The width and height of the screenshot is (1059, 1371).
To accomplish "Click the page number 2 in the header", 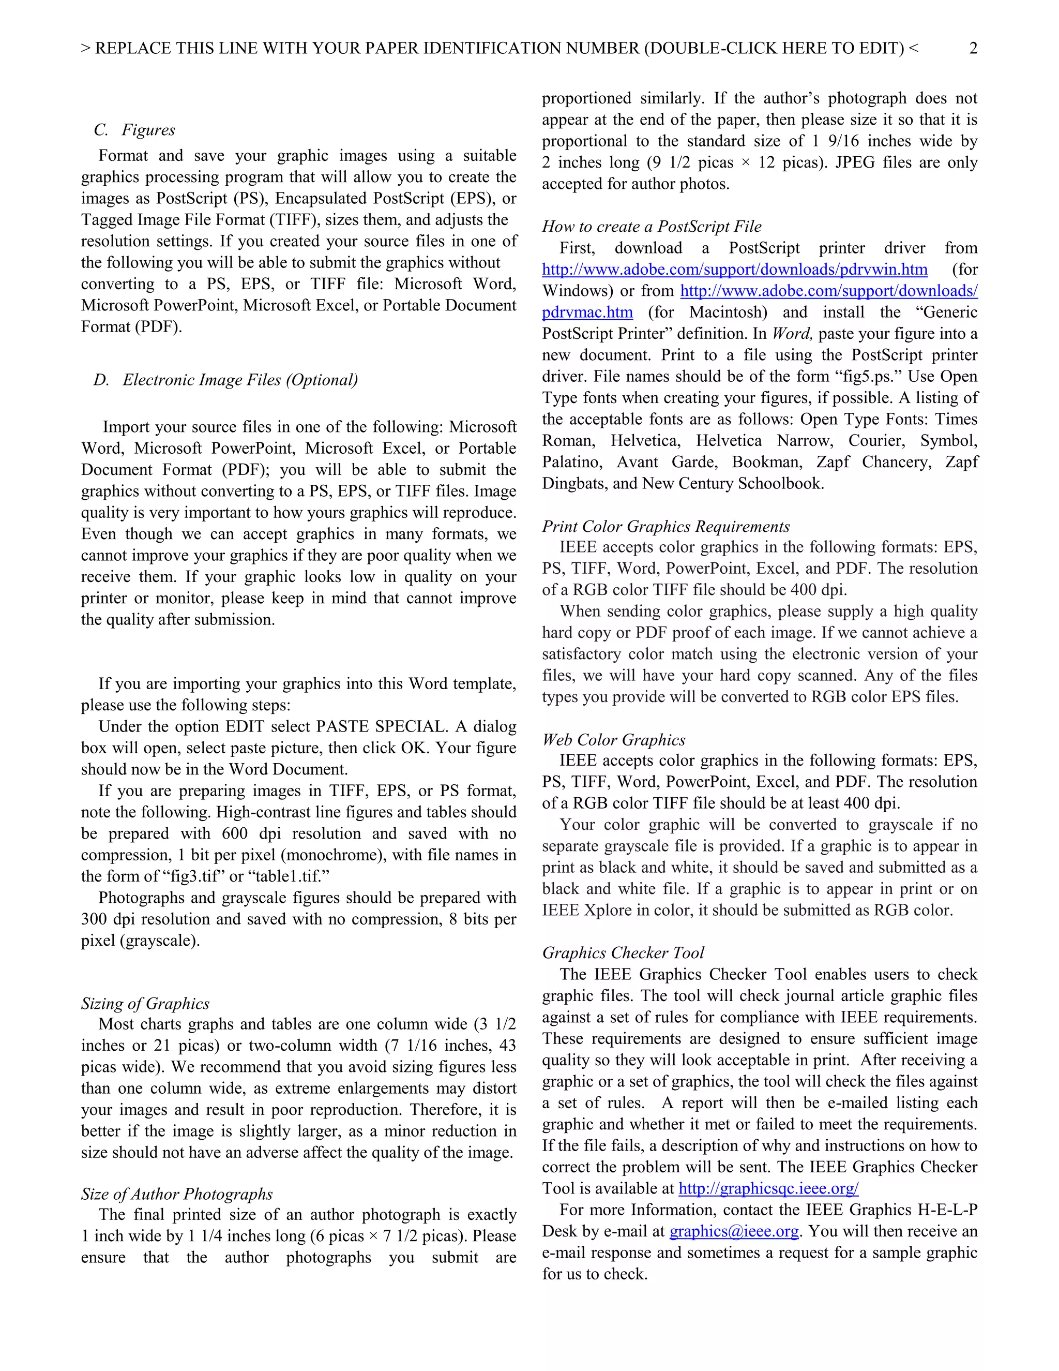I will [x=973, y=48].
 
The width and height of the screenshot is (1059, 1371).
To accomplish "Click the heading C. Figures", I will [x=134, y=130].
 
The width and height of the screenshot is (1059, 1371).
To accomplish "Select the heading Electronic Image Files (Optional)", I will [x=226, y=380].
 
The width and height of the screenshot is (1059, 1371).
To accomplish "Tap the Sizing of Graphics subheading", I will [x=145, y=1003].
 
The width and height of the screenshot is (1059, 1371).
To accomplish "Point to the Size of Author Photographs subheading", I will [x=176, y=1194].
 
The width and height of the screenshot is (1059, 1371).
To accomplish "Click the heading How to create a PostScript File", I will [x=651, y=227].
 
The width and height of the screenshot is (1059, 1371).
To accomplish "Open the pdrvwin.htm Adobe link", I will [x=734, y=270].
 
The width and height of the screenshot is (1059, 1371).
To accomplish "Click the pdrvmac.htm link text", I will [x=587, y=312].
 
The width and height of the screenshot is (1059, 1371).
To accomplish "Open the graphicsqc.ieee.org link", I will [x=768, y=1188].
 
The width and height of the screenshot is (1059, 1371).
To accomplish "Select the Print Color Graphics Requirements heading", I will [x=665, y=526].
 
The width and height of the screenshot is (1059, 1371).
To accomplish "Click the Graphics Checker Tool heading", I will [x=623, y=953].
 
